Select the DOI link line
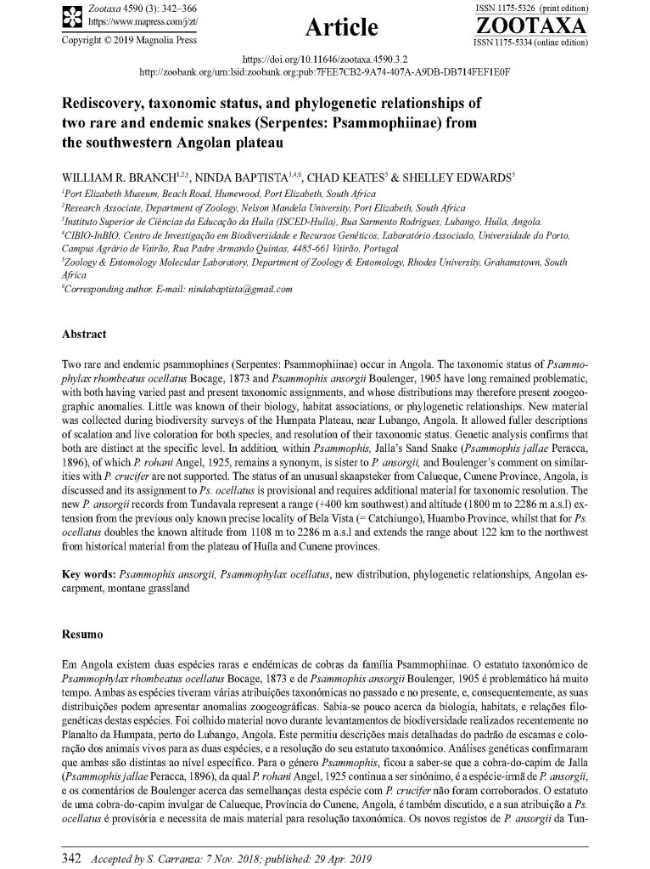pyautogui.click(x=325, y=60)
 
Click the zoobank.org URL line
pyautogui.click(x=324, y=71)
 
